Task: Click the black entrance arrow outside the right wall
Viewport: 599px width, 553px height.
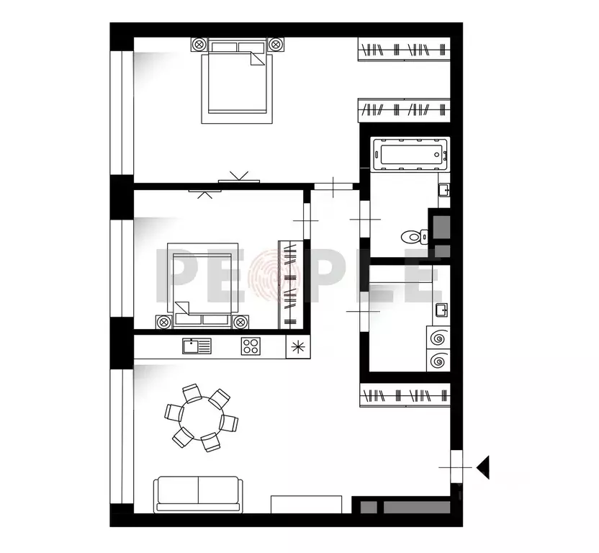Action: [483, 467]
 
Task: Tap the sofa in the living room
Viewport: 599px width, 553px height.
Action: [197, 495]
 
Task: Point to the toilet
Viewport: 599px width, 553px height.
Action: [414, 235]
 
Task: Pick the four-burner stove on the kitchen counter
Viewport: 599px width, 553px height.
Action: [251, 346]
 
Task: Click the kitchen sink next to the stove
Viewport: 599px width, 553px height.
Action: [197, 346]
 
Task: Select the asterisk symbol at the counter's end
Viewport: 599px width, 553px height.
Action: [297, 346]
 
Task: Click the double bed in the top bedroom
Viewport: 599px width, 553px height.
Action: [238, 81]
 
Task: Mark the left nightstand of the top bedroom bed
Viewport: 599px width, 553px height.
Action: [198, 45]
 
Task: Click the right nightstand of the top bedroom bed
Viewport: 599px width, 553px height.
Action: [276, 45]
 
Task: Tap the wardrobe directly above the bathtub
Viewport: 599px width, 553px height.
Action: [404, 110]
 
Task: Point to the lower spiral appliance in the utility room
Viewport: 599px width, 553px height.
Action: [436, 360]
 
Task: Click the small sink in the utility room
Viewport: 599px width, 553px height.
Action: [441, 311]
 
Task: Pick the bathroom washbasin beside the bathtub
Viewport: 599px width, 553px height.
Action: [444, 191]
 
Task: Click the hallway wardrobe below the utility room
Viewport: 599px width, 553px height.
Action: [404, 395]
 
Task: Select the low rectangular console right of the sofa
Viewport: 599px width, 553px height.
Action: [306, 503]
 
